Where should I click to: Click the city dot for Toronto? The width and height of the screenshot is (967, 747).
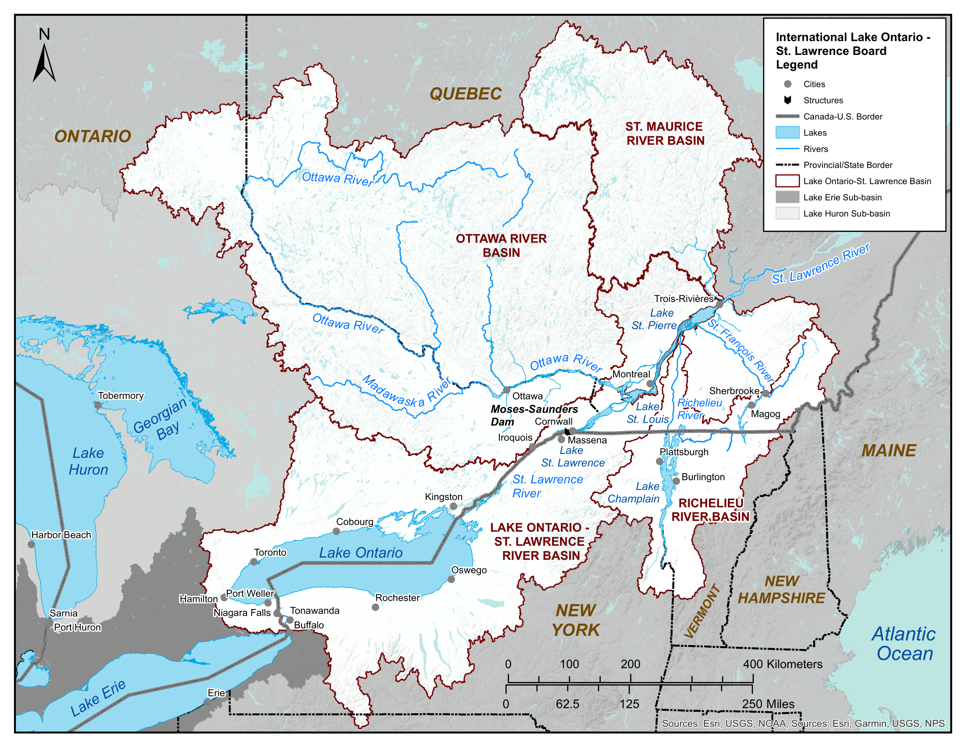click(254, 562)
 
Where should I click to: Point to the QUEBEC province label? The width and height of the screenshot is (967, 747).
click(465, 94)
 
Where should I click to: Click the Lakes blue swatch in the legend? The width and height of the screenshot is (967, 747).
click(787, 133)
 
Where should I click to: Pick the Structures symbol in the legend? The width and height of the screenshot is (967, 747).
click(787, 101)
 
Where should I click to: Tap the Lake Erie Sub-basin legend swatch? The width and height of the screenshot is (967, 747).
click(787, 197)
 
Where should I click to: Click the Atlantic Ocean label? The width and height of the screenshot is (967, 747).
click(904, 644)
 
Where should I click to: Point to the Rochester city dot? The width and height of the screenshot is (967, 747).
click(375, 607)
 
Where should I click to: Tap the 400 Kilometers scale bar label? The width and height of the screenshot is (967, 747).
click(782, 664)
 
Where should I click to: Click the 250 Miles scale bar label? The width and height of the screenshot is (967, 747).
click(768, 704)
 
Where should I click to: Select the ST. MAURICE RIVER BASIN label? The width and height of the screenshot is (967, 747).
click(664, 134)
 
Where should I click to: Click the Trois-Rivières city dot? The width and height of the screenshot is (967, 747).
click(719, 305)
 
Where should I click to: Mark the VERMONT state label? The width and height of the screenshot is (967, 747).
click(702, 612)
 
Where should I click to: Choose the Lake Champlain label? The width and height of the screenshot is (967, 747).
click(634, 493)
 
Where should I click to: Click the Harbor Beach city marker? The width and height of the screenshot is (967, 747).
click(31, 544)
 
